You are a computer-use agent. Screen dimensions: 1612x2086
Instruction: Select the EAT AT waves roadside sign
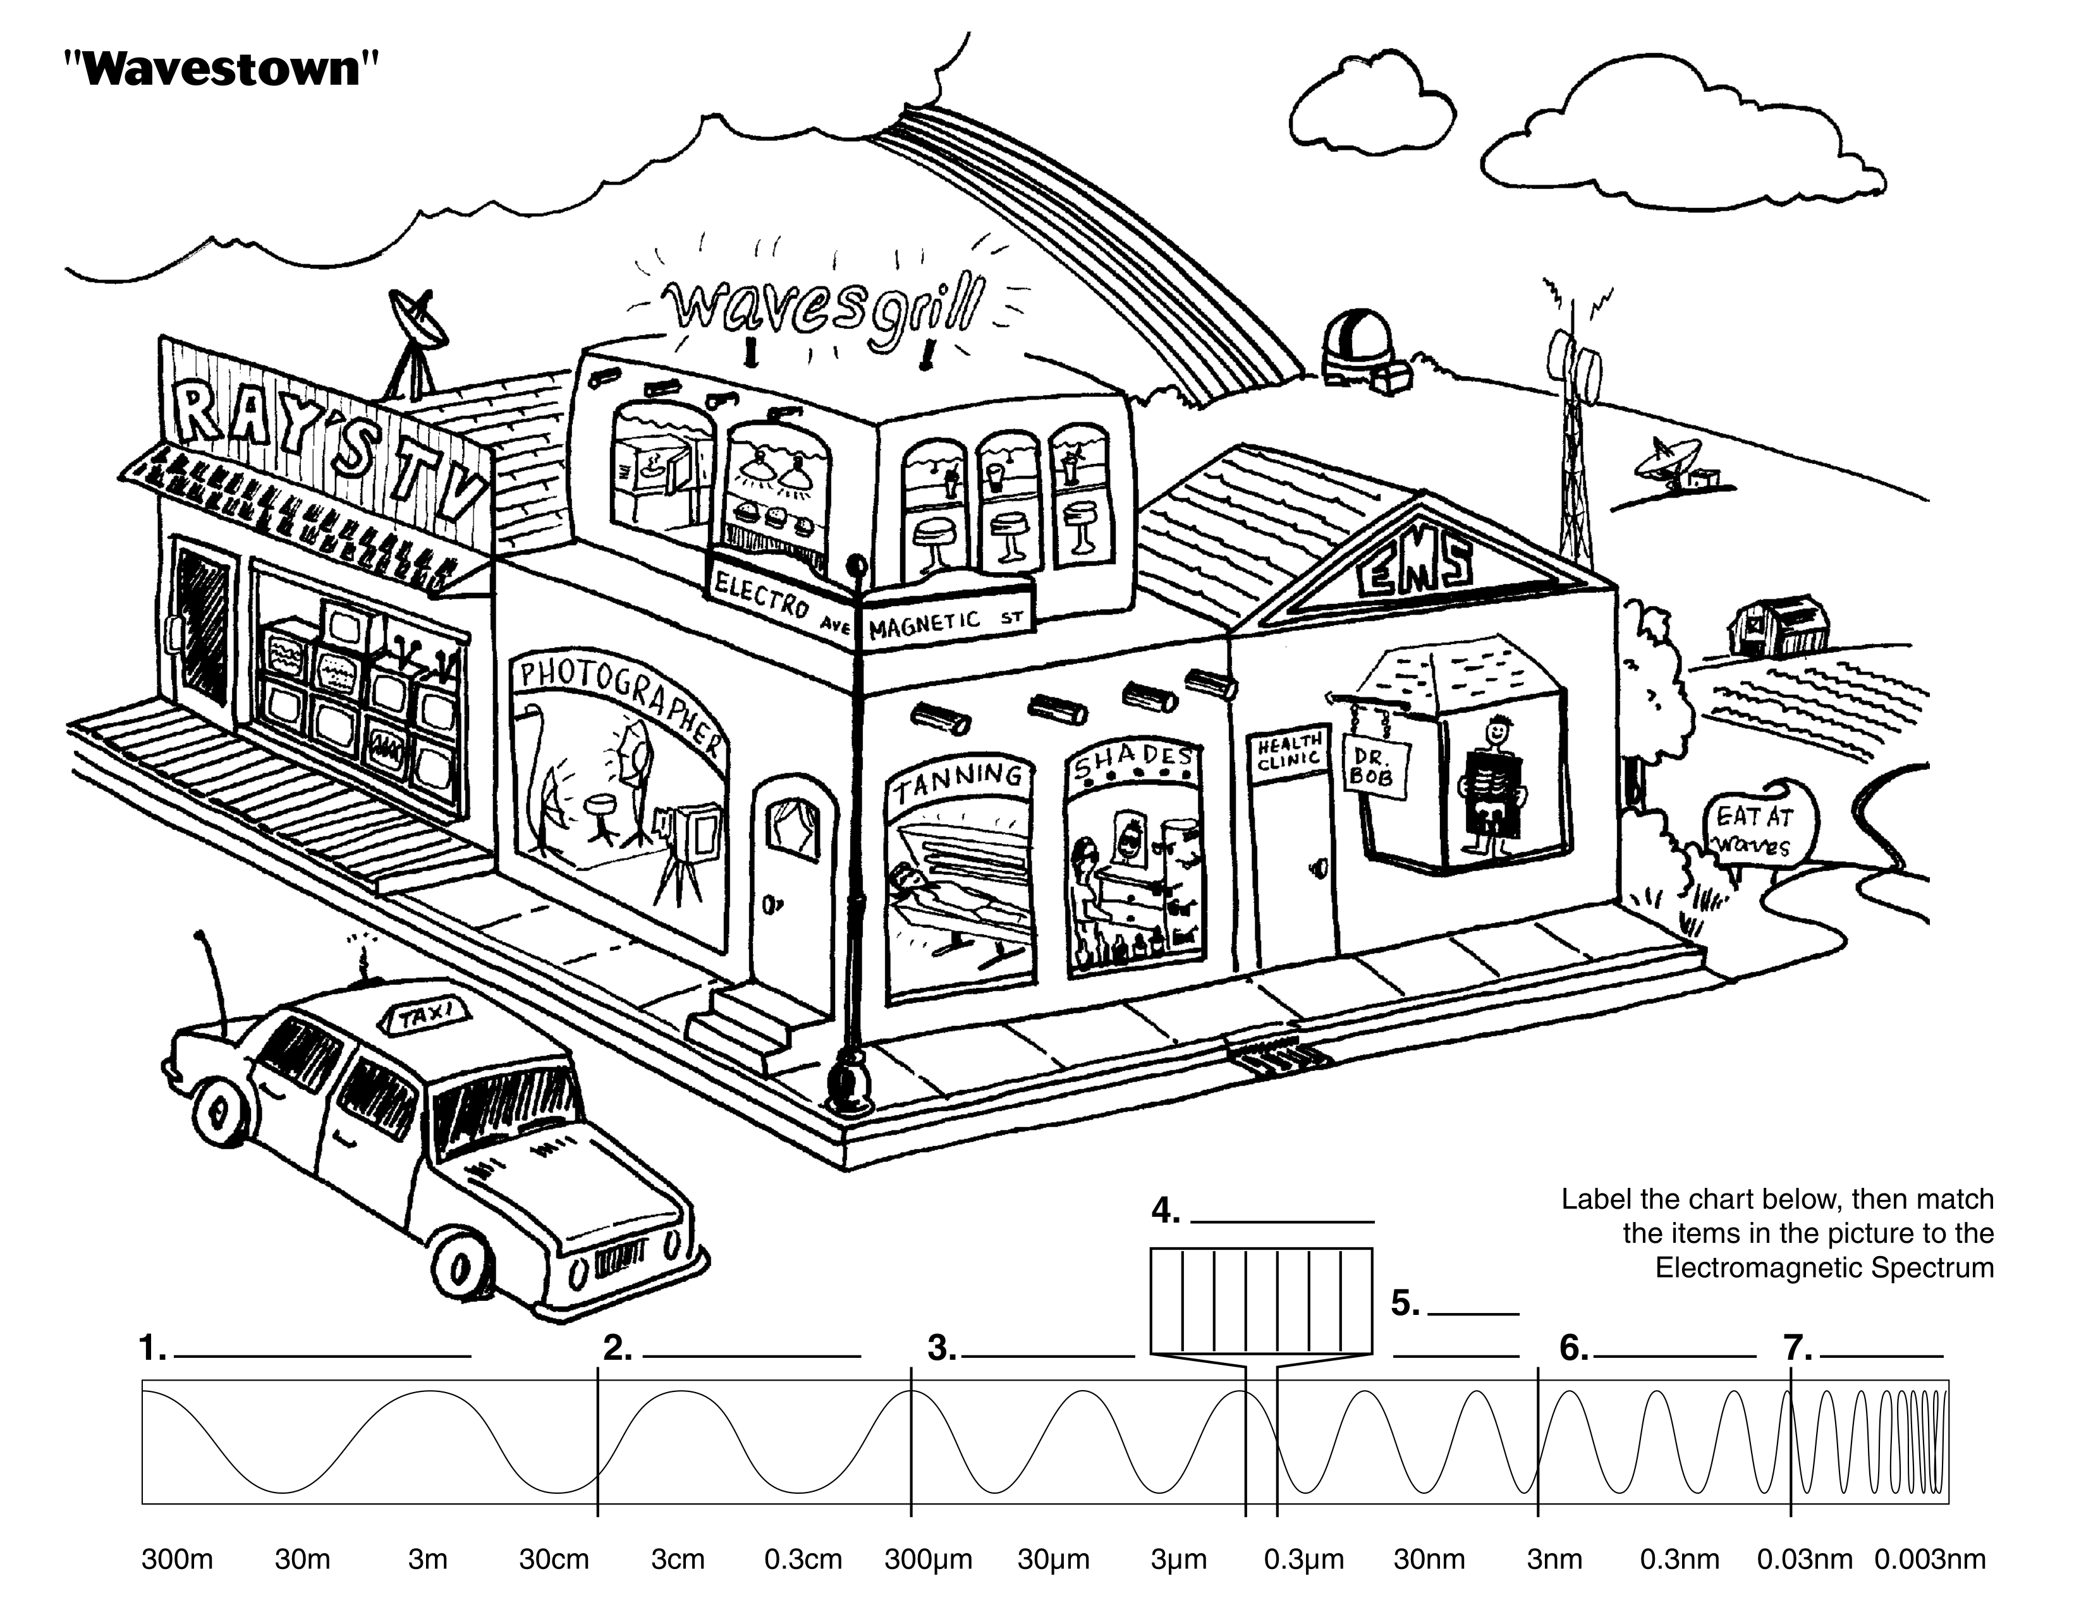(x=1755, y=830)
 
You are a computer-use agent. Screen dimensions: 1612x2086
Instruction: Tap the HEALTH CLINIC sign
(x=1288, y=750)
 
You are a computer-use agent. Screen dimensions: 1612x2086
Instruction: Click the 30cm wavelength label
(x=554, y=1560)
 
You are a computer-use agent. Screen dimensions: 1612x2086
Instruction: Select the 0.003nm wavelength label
(x=1929, y=1560)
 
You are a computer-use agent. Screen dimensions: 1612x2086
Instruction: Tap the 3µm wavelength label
(x=1179, y=1560)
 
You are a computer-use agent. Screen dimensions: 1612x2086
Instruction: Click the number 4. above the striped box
(x=1165, y=1212)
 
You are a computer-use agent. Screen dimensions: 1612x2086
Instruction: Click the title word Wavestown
(x=221, y=69)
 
